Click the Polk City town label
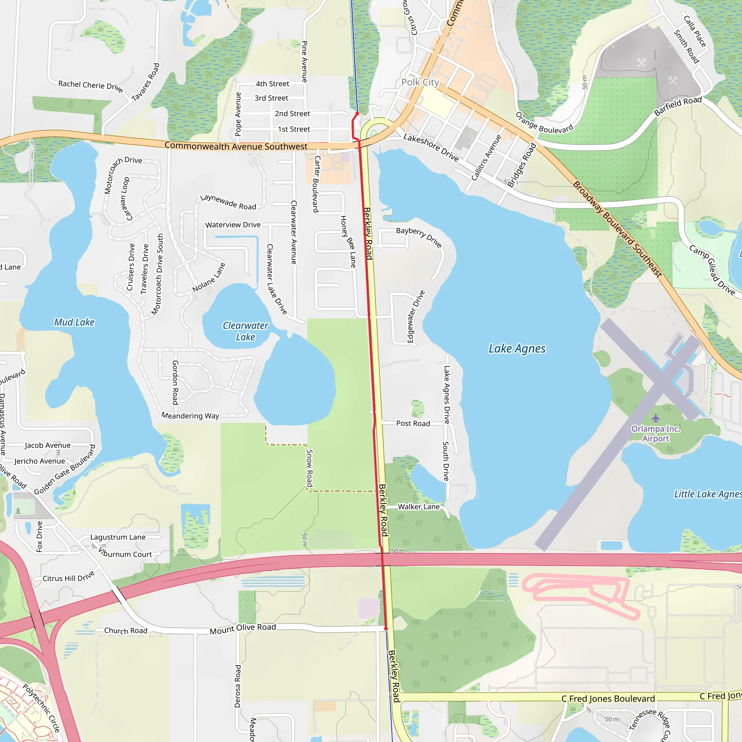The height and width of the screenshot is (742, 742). (x=420, y=82)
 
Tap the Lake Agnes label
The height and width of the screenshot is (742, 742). (x=517, y=349)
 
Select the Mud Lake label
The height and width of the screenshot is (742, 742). (x=74, y=322)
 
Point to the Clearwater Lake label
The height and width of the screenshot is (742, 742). (x=245, y=331)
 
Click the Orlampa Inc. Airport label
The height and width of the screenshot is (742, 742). (x=655, y=434)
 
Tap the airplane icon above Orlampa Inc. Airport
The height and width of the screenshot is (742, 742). (x=655, y=418)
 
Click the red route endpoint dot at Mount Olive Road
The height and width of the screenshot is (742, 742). (x=386, y=628)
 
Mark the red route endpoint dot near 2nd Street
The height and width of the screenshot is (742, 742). (x=357, y=114)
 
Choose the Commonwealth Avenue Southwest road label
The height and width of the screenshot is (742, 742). (x=236, y=146)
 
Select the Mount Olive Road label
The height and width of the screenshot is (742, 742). (x=243, y=628)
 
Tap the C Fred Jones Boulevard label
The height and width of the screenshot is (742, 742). (x=608, y=699)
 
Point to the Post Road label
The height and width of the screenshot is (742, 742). (x=413, y=424)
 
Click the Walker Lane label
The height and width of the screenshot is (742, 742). (x=418, y=507)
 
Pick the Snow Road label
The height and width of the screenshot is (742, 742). (x=309, y=468)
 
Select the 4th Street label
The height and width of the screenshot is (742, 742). (x=272, y=84)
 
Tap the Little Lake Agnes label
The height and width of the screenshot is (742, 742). (x=708, y=494)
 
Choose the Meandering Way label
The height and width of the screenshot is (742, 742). (x=190, y=416)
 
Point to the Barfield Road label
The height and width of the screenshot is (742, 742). (x=678, y=106)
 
